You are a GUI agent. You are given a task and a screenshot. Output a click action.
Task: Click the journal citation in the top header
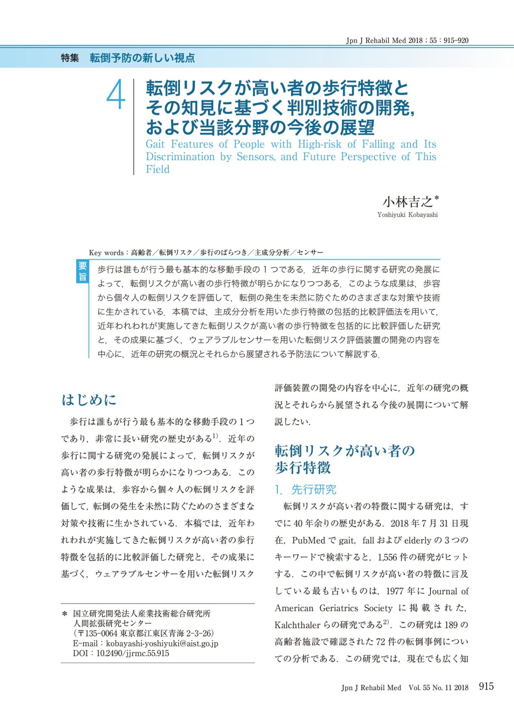tap(407, 40)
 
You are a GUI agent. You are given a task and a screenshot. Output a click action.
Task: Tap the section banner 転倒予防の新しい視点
tap(142, 58)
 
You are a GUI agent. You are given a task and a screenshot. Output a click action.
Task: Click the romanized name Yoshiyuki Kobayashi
tap(407, 215)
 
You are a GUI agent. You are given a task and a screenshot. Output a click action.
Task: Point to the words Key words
tap(106, 253)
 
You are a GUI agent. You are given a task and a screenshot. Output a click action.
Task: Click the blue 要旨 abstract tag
tap(82, 271)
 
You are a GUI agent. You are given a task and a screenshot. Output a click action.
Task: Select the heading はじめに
tap(89, 400)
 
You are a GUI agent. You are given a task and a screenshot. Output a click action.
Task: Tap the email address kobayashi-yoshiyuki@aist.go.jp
tap(162, 643)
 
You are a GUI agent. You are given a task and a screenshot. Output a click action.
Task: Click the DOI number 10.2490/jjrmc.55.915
tap(133, 653)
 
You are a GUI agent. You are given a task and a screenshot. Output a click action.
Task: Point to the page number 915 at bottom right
tap(486, 686)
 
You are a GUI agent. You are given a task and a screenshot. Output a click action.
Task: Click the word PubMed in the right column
tap(308, 540)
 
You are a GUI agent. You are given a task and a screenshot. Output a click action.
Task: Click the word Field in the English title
tap(158, 169)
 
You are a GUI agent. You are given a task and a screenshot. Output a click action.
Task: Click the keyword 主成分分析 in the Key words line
tap(272, 253)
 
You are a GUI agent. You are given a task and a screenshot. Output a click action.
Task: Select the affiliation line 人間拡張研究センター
tap(113, 623)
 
